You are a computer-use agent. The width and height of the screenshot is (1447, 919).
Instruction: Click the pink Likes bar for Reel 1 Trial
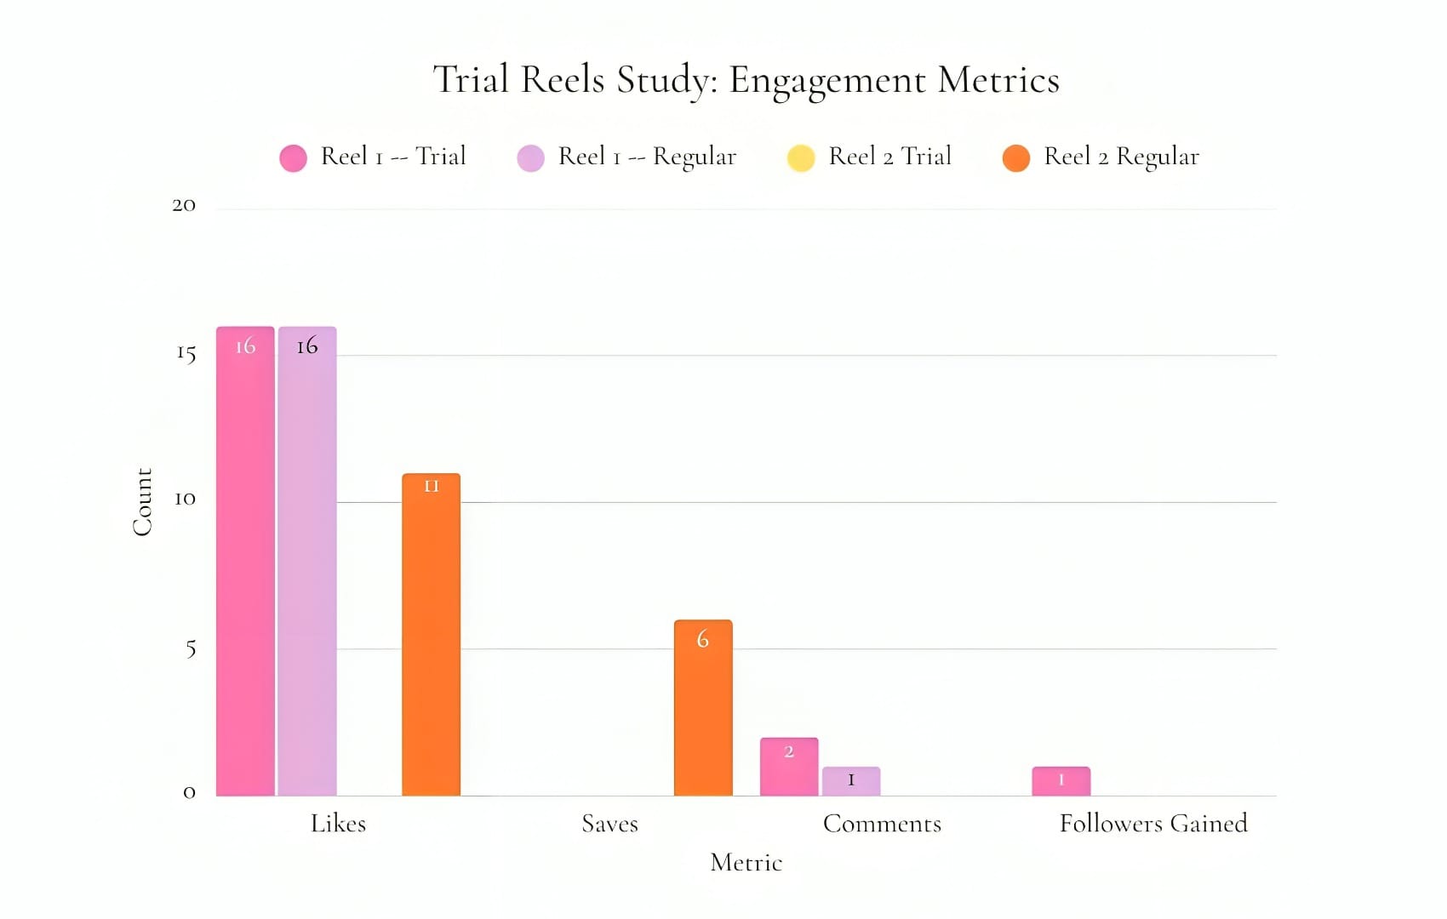click(x=245, y=562)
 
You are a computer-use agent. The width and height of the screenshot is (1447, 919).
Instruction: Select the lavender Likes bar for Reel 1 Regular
click(x=307, y=562)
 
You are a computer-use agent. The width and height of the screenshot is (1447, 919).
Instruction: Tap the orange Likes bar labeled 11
click(x=432, y=635)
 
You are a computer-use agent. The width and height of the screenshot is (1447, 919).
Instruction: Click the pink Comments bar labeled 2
click(x=789, y=767)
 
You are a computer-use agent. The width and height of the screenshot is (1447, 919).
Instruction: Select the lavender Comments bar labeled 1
click(x=851, y=781)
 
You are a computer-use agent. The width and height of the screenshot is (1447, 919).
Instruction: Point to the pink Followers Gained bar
click(x=1061, y=781)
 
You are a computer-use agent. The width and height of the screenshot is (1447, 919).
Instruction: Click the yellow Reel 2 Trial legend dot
click(x=801, y=158)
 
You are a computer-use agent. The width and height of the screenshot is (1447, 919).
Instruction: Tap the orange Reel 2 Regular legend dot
click(x=1016, y=158)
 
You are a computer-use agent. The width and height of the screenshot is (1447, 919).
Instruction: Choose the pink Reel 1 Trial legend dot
click(x=293, y=158)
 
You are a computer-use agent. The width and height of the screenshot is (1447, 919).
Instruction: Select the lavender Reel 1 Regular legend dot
click(x=530, y=158)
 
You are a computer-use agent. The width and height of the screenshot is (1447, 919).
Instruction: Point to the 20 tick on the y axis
click(x=184, y=205)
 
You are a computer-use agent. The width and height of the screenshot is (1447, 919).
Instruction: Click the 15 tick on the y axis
click(x=186, y=353)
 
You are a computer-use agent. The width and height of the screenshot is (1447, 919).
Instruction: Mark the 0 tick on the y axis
click(x=189, y=793)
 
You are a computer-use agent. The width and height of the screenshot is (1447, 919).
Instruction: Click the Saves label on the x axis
click(x=609, y=824)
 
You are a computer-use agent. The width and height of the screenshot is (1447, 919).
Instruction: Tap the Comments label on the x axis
click(x=882, y=824)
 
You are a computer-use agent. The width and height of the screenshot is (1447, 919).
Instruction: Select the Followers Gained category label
click(x=1153, y=824)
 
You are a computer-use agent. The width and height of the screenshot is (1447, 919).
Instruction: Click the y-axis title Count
click(x=142, y=502)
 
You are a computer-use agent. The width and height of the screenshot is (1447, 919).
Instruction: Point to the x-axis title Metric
click(x=746, y=863)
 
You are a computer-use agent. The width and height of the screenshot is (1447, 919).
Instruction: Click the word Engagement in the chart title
click(x=827, y=81)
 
